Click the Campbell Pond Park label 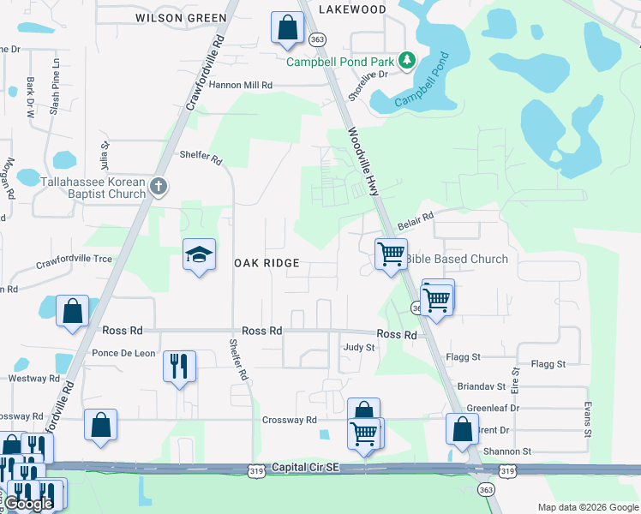[x=339, y=62]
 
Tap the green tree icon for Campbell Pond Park [x=408, y=61]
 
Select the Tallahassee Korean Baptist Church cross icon [x=157, y=187]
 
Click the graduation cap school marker [x=199, y=255]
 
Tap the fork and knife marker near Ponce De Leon [x=180, y=366]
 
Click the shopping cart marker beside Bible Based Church [x=391, y=254]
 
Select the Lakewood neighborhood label [x=352, y=9]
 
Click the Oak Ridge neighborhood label [x=267, y=263]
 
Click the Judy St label [x=359, y=348]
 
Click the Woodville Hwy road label [x=363, y=163]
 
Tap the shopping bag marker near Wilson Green [x=287, y=27]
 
